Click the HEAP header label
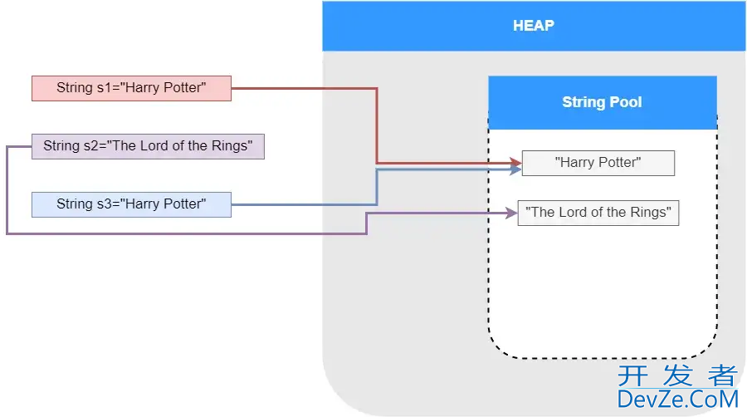tap(533, 26)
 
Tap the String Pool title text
tap(602, 102)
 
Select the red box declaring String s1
tap(131, 88)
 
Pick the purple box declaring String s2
tap(148, 146)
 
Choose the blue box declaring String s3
tap(131, 204)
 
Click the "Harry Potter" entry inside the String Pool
tap(598, 163)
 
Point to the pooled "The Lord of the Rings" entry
tap(598, 213)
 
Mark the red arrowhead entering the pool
tap(516, 162)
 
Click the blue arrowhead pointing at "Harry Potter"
tap(516, 169)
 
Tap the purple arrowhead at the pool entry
tap(512, 213)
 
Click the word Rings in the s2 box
tap(232, 146)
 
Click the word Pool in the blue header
tap(626, 102)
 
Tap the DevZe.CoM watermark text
tap(677, 400)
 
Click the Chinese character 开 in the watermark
tap(632, 376)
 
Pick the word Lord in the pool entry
tap(572, 213)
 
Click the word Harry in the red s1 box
tap(142, 88)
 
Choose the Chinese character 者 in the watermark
tap(722, 376)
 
